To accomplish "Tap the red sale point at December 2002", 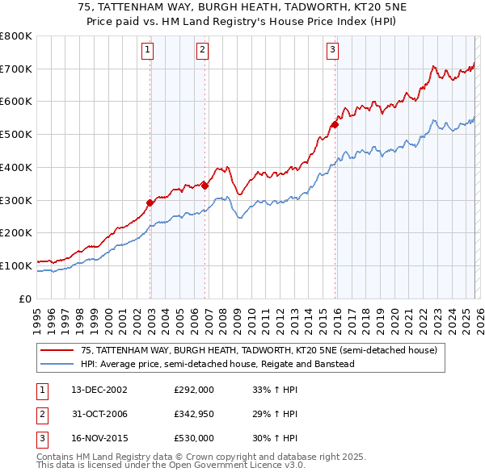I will click(150, 203).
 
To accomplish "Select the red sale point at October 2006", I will click(205, 186).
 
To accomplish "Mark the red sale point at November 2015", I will click(335, 124).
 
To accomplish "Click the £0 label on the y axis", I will click(24, 299).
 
